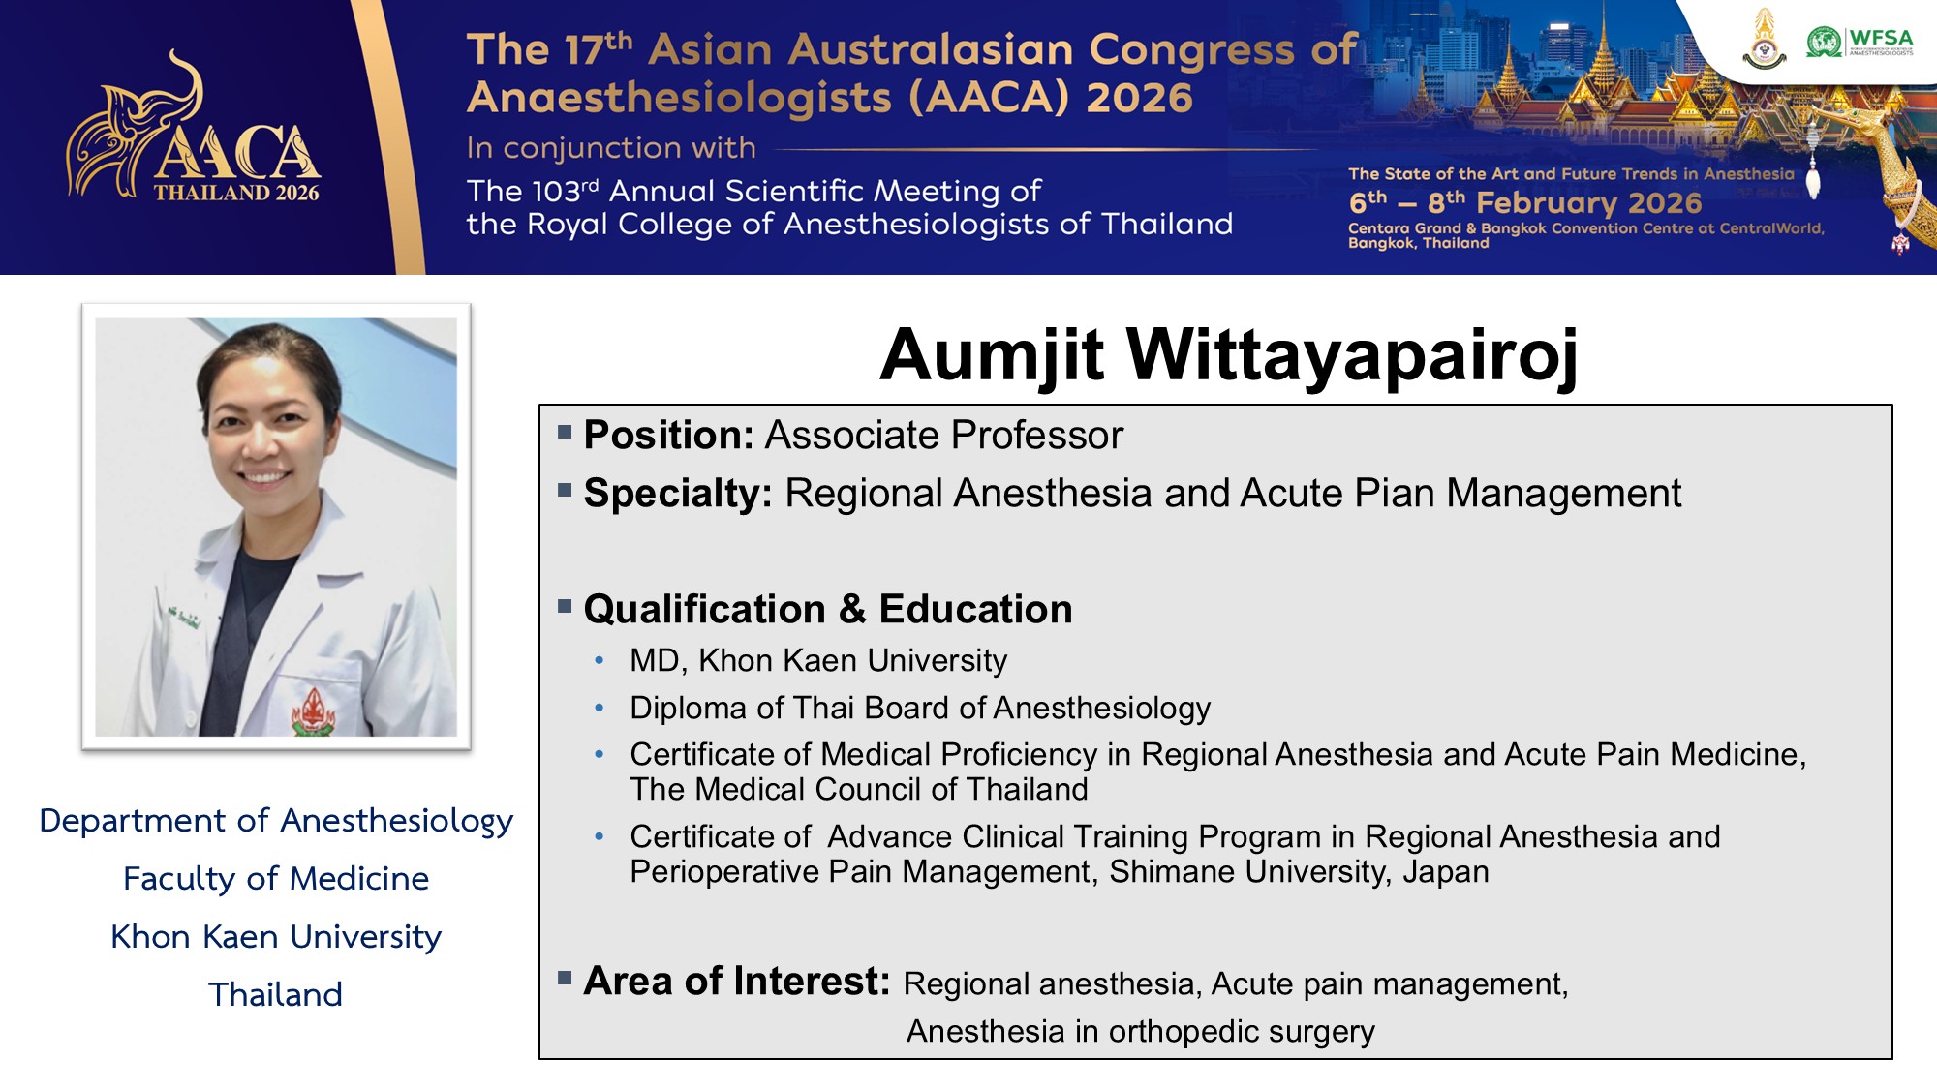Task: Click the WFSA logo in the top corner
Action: [1860, 42]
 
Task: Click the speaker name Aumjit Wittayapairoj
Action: [1228, 354]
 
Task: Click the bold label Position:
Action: [668, 436]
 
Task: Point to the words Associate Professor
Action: [943, 436]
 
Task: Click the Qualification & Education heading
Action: [828, 609]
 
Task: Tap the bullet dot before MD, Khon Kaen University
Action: [600, 661]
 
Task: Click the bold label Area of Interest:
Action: [736, 981]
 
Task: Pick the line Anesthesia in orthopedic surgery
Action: [1140, 1032]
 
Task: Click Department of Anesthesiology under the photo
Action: [276, 821]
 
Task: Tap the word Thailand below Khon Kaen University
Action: [276, 994]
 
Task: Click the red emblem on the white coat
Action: [314, 712]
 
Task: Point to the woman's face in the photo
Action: [265, 426]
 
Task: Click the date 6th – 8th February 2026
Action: [1525, 202]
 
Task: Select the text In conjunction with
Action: [610, 148]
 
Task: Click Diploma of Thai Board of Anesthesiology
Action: [920, 709]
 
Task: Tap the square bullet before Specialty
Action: [565, 490]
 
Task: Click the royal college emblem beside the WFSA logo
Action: [1765, 40]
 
